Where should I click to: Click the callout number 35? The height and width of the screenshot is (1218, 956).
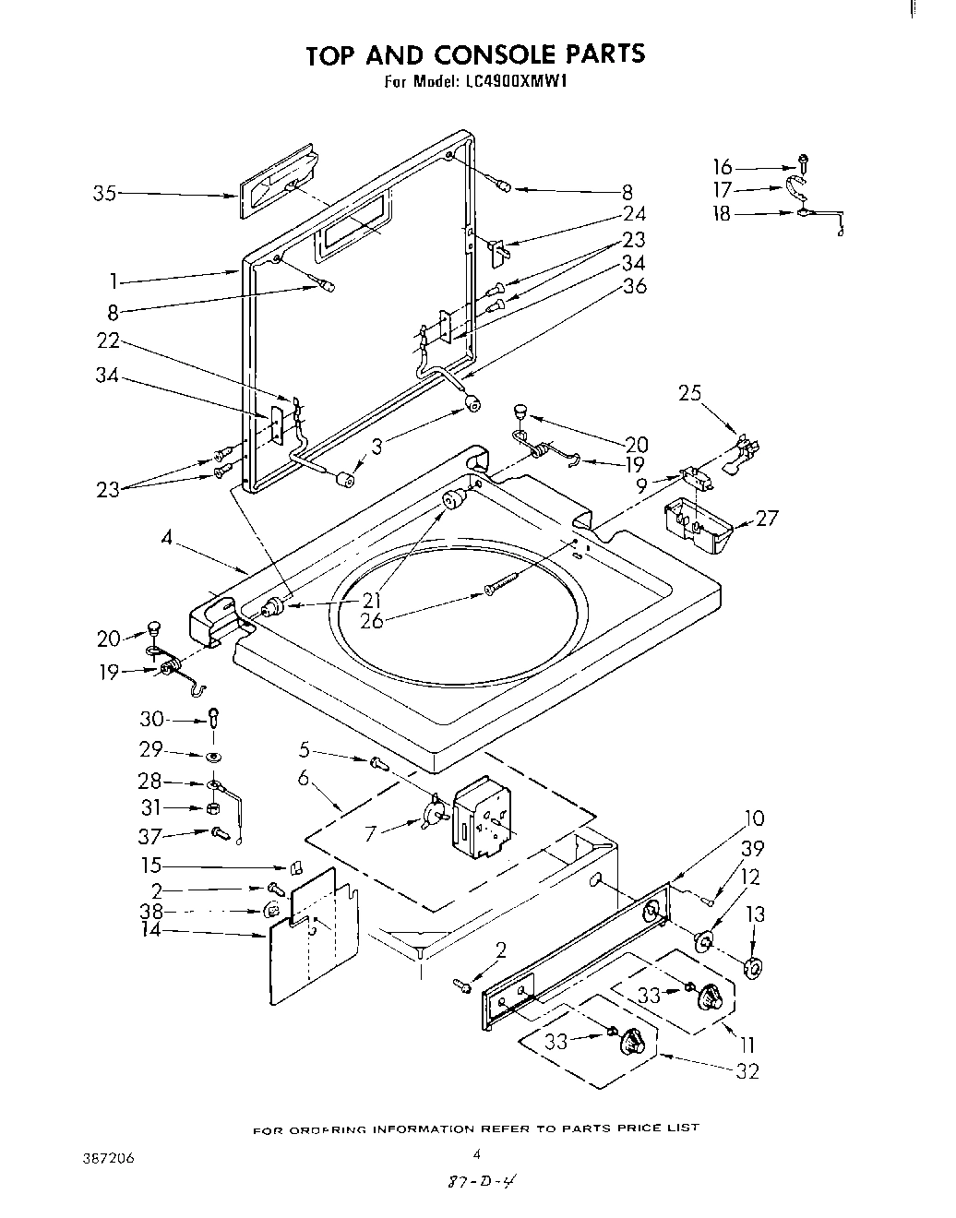[104, 194]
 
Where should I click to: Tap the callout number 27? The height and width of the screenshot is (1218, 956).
[766, 518]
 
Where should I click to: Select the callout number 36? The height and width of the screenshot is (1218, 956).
[635, 286]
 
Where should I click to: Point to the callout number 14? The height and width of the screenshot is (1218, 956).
[150, 930]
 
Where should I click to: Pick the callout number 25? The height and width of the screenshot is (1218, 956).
[689, 393]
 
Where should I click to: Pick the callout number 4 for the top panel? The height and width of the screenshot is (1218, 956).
[167, 536]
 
